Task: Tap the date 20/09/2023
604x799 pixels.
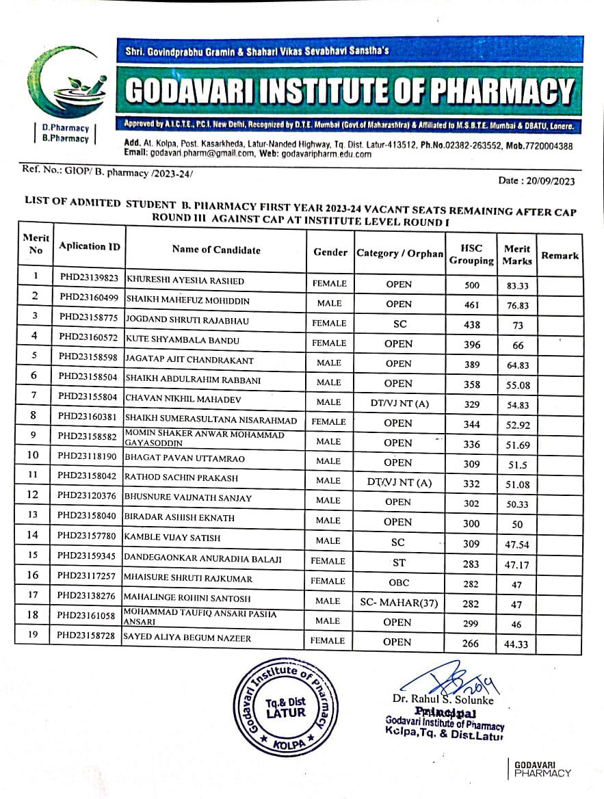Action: [x=547, y=181]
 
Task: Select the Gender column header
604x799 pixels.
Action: [x=330, y=252]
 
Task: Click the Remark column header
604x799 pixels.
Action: [x=560, y=255]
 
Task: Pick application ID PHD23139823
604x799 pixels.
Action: [x=89, y=278]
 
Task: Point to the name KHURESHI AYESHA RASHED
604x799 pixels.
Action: [x=185, y=281]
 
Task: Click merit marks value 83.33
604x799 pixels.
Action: [x=518, y=286]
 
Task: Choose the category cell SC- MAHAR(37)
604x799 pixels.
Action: [x=398, y=603]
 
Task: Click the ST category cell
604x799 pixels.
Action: [x=399, y=563]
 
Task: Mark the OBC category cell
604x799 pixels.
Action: [x=398, y=583]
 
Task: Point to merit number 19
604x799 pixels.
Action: [x=32, y=634]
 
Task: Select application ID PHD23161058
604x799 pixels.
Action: [x=88, y=616]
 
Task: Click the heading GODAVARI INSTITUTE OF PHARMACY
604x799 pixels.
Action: [x=349, y=91]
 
